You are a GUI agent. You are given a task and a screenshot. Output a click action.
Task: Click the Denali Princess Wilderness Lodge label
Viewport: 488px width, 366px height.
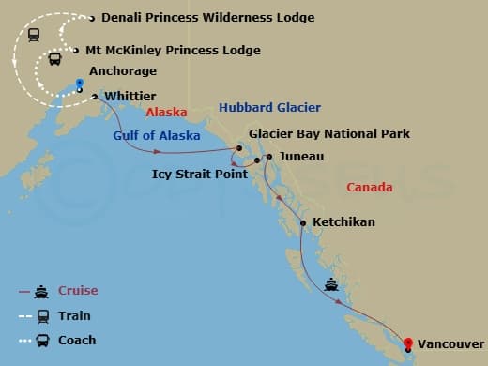(x=207, y=18)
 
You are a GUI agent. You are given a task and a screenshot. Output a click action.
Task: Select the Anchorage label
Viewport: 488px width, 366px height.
(x=122, y=71)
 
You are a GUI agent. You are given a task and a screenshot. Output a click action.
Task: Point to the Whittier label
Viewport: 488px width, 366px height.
(x=130, y=97)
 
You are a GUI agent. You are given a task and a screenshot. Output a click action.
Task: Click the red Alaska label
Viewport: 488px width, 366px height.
(x=167, y=112)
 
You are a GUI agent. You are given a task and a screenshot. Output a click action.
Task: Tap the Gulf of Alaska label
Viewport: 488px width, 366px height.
(x=157, y=135)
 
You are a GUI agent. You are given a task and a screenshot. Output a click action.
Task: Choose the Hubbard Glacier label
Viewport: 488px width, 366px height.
(x=269, y=108)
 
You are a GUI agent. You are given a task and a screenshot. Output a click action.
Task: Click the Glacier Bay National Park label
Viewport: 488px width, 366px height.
(x=329, y=134)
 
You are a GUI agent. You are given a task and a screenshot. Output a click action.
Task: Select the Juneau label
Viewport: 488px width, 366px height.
(x=301, y=157)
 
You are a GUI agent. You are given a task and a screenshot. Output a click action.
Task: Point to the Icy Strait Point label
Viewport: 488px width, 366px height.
(x=200, y=174)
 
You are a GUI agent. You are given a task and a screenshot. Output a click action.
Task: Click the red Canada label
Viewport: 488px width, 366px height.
(x=369, y=188)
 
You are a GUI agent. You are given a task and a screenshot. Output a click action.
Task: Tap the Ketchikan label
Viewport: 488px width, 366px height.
(x=343, y=222)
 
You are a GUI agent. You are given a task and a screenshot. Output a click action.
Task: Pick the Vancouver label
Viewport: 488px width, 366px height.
(x=450, y=344)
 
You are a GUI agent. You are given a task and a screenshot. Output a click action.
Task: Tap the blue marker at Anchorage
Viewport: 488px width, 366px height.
(x=80, y=83)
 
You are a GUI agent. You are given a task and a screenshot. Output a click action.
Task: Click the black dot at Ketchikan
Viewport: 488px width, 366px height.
(x=302, y=222)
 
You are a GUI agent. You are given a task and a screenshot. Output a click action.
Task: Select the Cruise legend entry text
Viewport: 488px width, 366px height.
(x=78, y=291)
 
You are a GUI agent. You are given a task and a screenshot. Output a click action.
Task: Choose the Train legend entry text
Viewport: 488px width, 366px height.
(x=75, y=316)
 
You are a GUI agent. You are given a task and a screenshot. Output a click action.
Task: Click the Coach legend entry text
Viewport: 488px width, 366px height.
(x=77, y=341)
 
